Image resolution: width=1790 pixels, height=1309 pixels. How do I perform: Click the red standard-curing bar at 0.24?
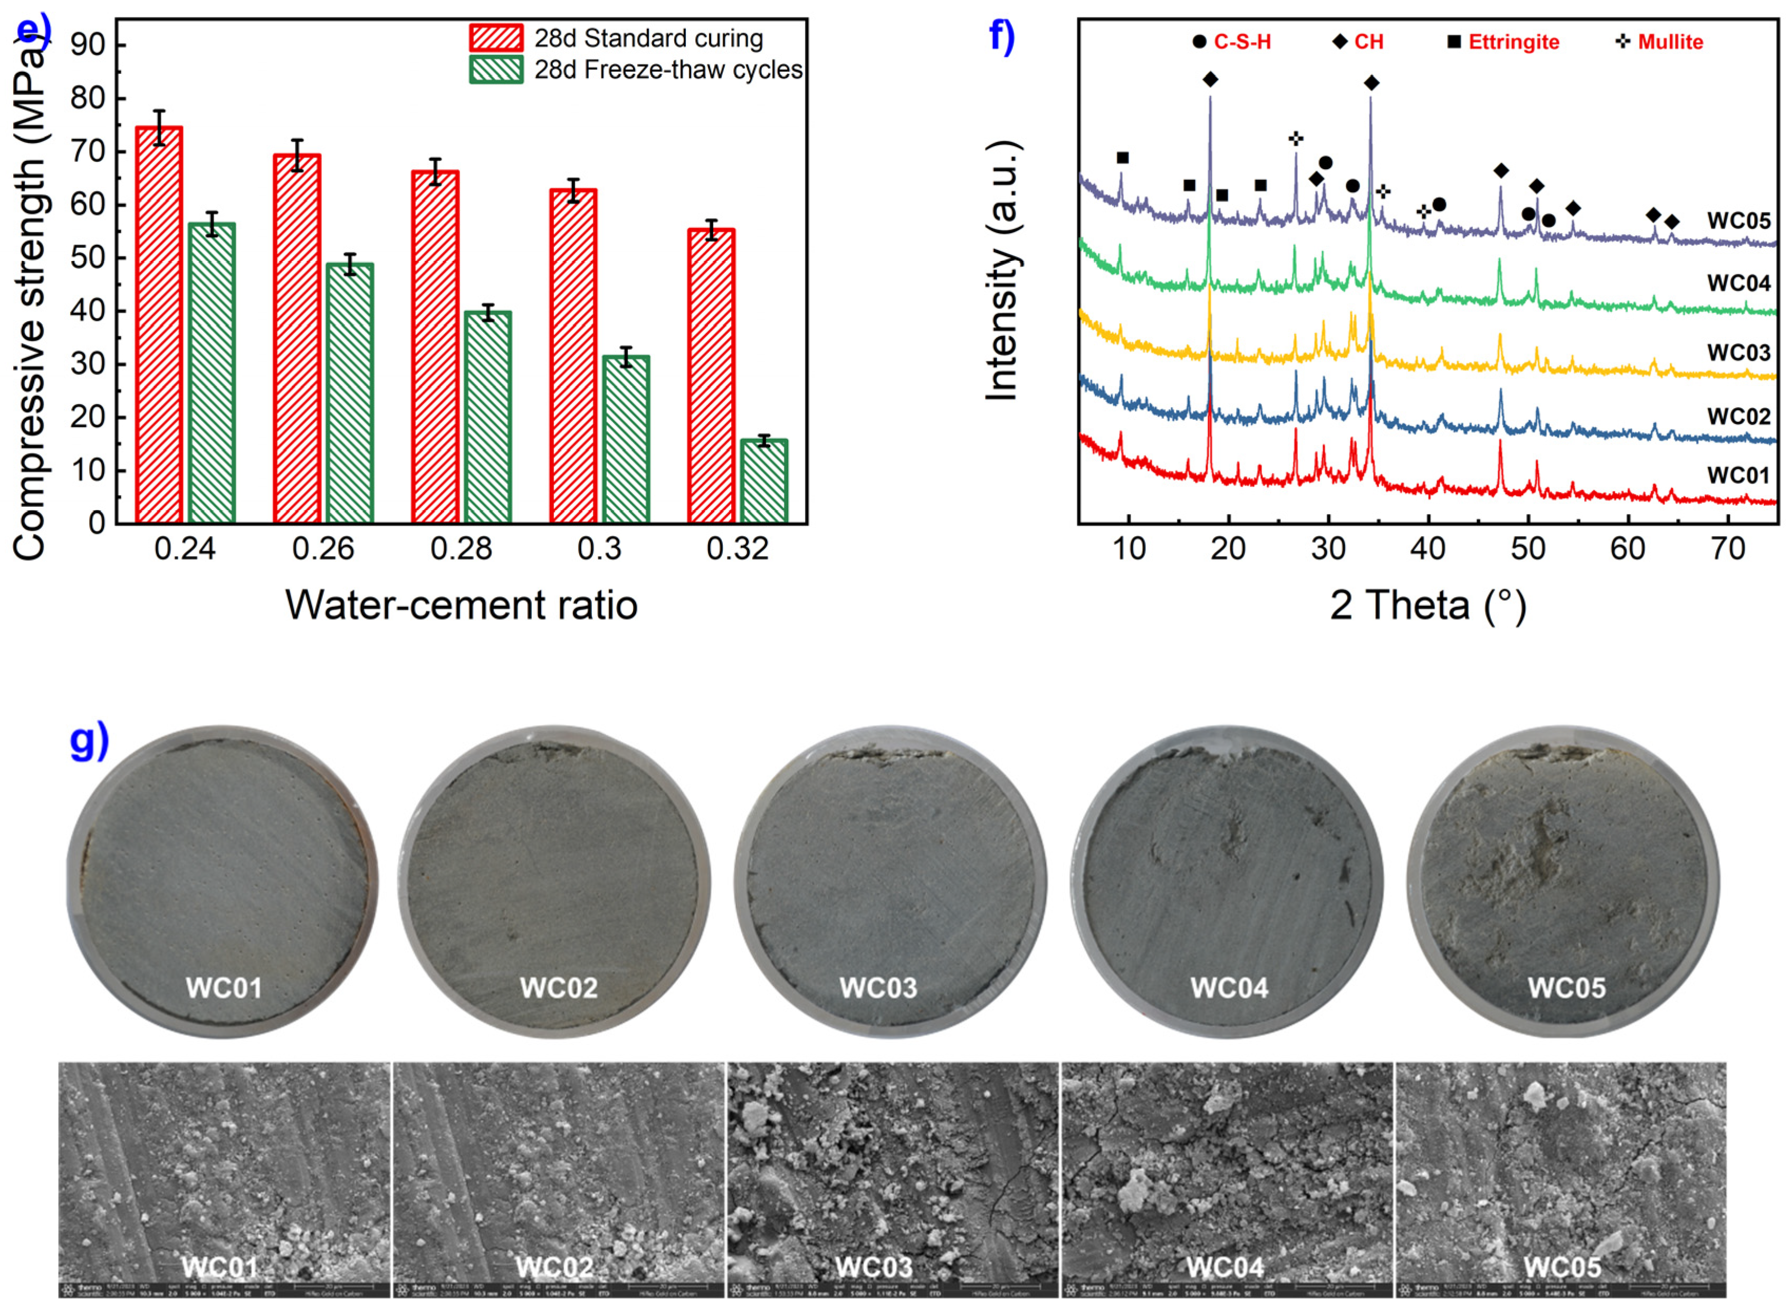[x=159, y=325]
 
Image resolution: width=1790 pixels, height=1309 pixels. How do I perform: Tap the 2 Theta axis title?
[x=1427, y=605]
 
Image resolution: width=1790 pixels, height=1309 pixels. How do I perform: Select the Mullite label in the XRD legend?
[x=1670, y=42]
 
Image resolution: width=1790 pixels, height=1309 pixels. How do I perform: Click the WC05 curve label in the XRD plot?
[x=1738, y=220]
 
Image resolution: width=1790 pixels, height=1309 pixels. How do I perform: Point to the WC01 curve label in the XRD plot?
[x=1738, y=475]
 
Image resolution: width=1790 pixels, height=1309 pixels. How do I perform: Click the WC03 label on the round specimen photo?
[x=878, y=988]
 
